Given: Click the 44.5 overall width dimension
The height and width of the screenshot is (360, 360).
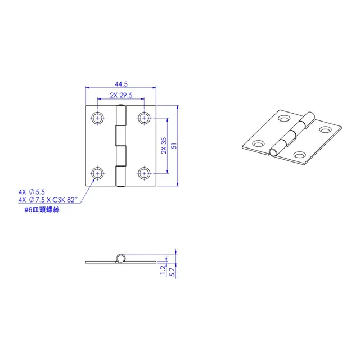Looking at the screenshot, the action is pyautogui.click(x=121, y=84).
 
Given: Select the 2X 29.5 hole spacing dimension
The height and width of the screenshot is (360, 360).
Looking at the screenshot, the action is pyautogui.click(x=121, y=95).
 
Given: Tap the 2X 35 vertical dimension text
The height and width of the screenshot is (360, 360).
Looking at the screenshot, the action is pyautogui.click(x=164, y=146).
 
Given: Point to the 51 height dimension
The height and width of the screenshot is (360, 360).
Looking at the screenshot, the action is pyautogui.click(x=174, y=146).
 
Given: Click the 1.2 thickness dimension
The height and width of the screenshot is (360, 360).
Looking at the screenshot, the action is pyautogui.click(x=163, y=270).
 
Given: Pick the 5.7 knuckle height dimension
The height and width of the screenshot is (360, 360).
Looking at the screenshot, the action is pyautogui.click(x=172, y=272).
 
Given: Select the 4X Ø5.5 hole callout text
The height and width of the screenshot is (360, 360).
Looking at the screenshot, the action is pyautogui.click(x=31, y=192).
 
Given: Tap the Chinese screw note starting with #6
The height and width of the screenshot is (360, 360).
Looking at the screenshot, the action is pyautogui.click(x=42, y=210).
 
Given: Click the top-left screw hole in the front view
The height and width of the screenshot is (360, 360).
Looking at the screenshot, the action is pyautogui.click(x=97, y=118).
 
